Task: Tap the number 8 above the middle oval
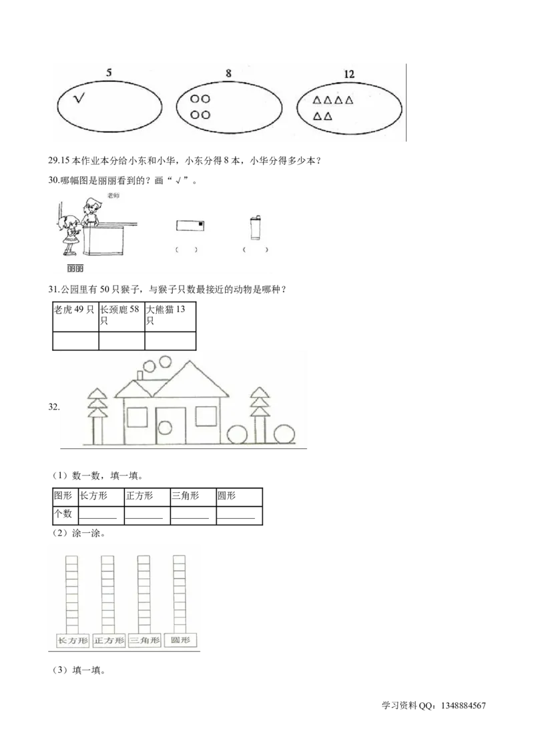click(228, 73)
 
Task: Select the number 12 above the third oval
click(348, 74)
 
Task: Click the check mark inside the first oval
click(80, 99)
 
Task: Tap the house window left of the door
click(137, 417)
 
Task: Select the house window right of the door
click(204, 417)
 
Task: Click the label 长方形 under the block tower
click(73, 641)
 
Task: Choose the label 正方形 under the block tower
click(109, 641)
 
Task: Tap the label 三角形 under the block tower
click(145, 641)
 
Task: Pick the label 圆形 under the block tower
click(180, 641)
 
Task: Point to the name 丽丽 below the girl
click(75, 269)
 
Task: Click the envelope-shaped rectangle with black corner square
click(190, 225)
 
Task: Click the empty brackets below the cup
click(256, 250)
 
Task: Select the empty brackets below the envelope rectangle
click(186, 250)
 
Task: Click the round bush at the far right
click(284, 434)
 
